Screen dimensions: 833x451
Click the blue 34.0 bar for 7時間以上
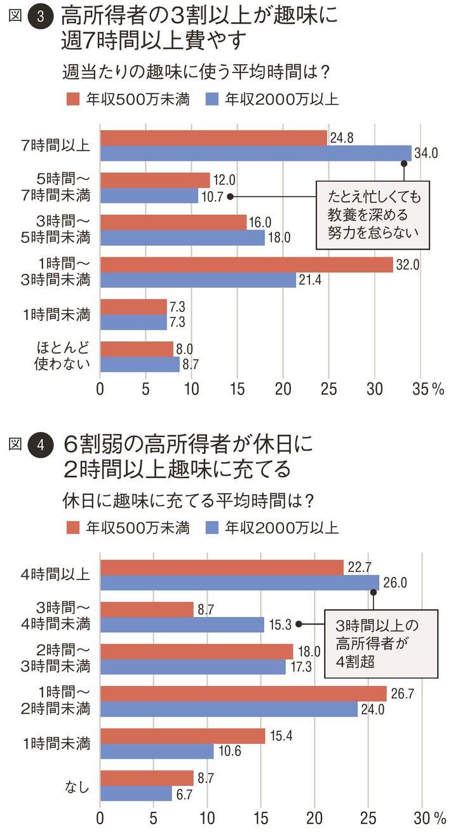pyautogui.click(x=255, y=153)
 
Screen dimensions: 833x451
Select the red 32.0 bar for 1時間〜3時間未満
pyautogui.click(x=246, y=265)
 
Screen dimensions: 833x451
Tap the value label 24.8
pyautogui.click(x=341, y=137)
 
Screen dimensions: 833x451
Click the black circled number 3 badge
pyautogui.click(x=41, y=18)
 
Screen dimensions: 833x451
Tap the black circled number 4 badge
pyautogui.click(x=41, y=445)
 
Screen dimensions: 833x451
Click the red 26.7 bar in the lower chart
pyautogui.click(x=243, y=694)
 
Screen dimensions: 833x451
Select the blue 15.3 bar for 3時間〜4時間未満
pyautogui.click(x=182, y=625)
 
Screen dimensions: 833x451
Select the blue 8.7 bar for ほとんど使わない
pyautogui.click(x=140, y=365)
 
